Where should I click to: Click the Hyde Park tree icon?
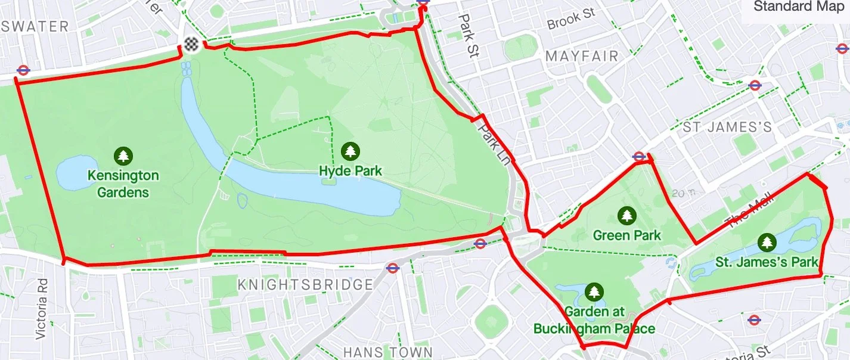tap(350, 151)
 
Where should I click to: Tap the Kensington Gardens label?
tap(123, 184)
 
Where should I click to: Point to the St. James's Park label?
tap(767, 262)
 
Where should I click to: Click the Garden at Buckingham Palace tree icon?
tap(594, 292)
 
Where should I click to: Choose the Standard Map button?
tap(799, 7)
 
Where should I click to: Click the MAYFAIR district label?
tap(582, 57)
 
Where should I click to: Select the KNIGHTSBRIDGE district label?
tap(305, 285)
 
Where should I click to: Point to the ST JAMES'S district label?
tap(727, 127)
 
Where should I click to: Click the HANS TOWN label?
tap(388, 352)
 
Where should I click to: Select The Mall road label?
tap(749, 210)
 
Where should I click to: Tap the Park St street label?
tap(469, 35)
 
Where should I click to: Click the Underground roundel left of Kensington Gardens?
tap(23, 70)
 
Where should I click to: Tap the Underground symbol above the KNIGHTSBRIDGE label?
tap(392, 268)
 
